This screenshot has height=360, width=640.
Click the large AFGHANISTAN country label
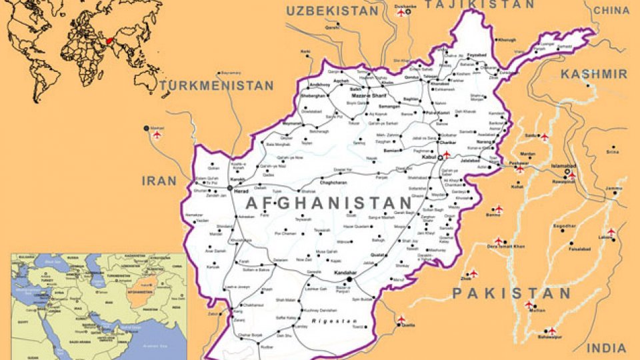point(329,203)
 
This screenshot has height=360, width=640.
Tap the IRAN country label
point(159,181)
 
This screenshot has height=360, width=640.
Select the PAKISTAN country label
point(511,293)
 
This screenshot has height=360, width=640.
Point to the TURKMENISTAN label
point(217,86)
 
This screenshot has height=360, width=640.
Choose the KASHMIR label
point(593,74)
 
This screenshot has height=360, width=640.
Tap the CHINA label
point(611,10)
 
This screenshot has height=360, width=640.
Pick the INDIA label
point(607,348)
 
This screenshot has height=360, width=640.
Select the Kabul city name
point(429,157)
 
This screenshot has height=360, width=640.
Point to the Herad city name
point(241,191)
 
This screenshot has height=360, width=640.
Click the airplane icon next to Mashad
point(157,135)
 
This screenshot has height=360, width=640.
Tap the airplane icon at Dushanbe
point(401,14)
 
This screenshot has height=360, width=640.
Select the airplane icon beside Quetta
point(401,321)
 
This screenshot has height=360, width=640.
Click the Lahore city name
point(606,238)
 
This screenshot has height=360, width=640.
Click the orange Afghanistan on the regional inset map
point(139,296)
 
